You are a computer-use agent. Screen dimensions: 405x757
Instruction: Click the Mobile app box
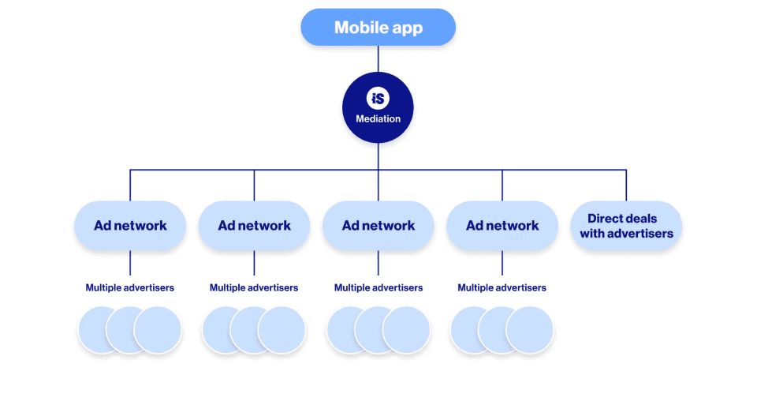378,28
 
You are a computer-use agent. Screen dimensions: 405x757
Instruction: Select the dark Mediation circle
378,107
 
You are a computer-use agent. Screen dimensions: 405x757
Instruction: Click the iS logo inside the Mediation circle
378,99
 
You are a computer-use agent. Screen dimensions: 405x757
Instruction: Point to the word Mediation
378,119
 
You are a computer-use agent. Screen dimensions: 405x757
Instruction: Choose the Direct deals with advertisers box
626,226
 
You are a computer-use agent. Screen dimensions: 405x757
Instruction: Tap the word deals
642,219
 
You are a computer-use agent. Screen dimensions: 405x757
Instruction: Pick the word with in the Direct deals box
592,234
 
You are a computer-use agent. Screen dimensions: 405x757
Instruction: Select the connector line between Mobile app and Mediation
378,59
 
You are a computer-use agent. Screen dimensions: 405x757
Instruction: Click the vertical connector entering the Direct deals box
626,186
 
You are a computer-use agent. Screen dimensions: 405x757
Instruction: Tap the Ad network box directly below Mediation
378,226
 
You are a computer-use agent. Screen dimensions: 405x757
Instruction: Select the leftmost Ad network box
130,226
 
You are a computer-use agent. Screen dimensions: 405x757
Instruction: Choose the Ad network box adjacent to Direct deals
502,226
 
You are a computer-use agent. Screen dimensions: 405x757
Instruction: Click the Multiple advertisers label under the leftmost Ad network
130,288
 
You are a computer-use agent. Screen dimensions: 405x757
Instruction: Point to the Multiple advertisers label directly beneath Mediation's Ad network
378,288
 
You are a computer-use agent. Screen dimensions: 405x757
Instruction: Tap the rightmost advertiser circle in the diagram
530,330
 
